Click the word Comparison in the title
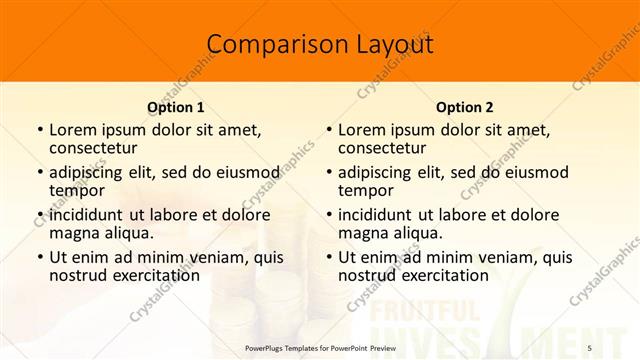(x=266, y=44)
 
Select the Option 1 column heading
(x=176, y=107)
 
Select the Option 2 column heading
(x=465, y=107)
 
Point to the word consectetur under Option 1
(x=92, y=148)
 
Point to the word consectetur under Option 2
(x=381, y=148)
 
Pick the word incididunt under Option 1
(x=85, y=215)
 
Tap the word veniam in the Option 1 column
(x=203, y=257)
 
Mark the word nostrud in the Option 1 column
(x=76, y=275)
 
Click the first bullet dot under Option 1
(x=40, y=131)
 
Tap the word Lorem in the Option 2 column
(x=360, y=130)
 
